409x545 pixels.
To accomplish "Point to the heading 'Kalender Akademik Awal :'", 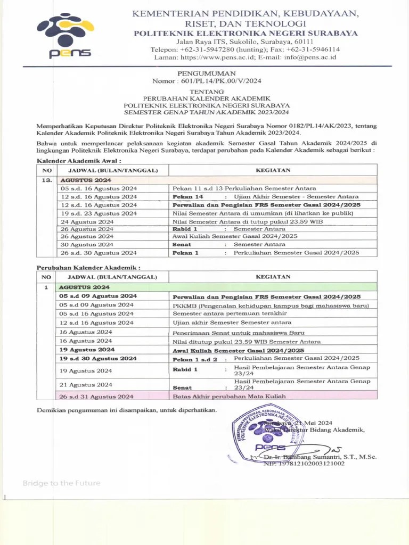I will [79, 160].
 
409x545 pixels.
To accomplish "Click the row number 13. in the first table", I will [46, 180].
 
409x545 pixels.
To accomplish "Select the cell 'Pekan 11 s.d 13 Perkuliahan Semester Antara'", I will [244, 188].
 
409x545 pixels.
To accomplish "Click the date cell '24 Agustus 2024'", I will [87, 221].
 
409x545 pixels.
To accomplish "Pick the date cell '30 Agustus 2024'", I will [87, 244].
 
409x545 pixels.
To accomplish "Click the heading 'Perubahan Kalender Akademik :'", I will [88, 267].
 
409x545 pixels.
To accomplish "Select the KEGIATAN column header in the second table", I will [273, 277].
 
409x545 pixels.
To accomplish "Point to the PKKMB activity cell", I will [271, 305].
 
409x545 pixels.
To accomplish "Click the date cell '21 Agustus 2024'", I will [86, 384].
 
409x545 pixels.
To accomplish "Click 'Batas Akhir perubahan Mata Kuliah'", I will [229, 397].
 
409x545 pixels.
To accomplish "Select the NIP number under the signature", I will [304, 464].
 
